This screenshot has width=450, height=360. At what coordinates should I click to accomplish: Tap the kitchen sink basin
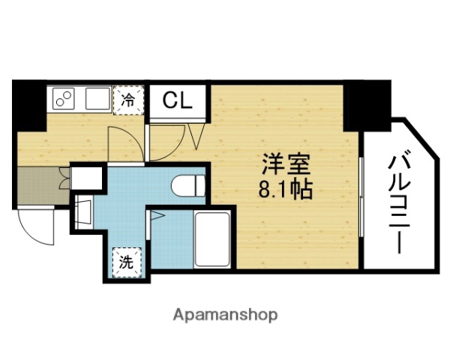95,99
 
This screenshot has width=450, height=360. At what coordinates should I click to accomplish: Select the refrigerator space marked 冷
129,100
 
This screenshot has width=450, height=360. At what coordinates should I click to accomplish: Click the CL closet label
178,99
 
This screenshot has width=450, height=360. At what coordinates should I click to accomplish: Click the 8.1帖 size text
286,187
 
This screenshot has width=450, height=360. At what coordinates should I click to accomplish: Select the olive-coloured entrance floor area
37,186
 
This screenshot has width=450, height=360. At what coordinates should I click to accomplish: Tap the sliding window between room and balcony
361,202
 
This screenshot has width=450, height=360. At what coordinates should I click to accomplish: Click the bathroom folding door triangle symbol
157,216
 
